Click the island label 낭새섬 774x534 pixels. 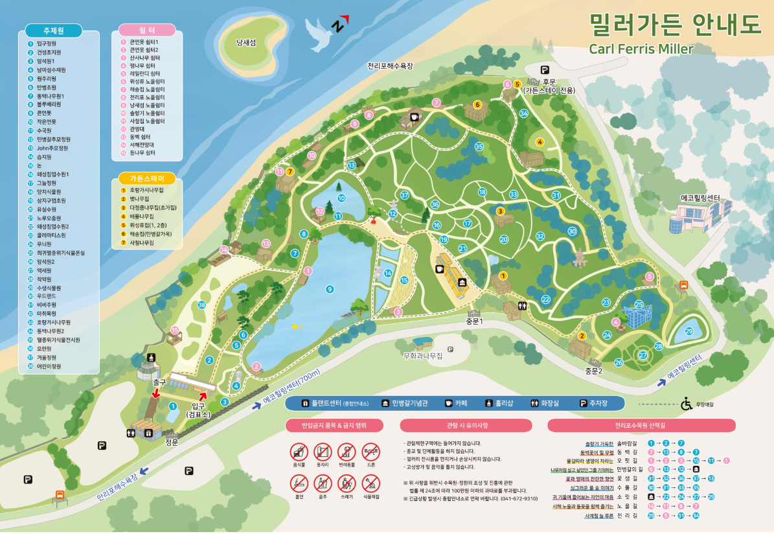[246, 43]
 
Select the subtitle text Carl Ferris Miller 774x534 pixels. [641, 49]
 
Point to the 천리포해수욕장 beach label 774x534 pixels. [390, 66]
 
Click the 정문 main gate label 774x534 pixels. [172, 443]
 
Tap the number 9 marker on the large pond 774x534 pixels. [330, 289]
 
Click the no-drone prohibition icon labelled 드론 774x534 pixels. [370, 452]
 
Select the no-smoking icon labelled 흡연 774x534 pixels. [299, 483]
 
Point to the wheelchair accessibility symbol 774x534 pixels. [686, 404]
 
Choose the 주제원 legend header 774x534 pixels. [53, 30]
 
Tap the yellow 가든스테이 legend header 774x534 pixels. [147, 178]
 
